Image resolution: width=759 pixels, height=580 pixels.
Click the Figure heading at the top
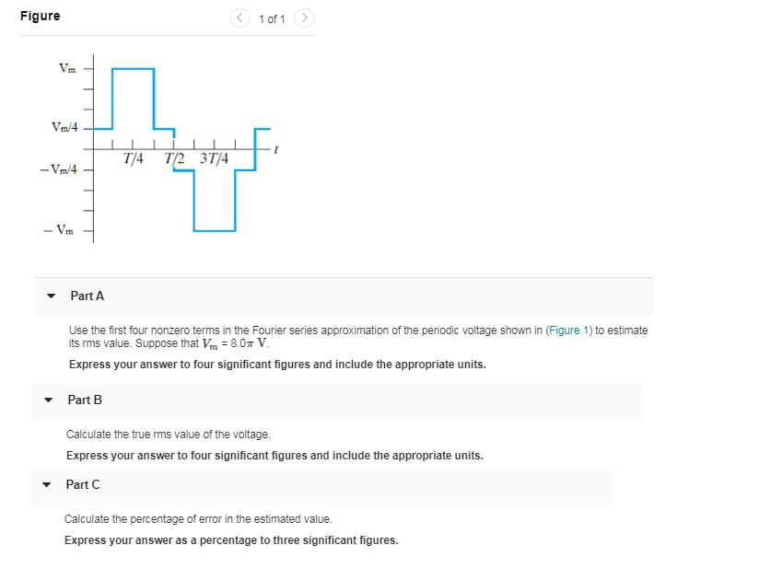(x=41, y=16)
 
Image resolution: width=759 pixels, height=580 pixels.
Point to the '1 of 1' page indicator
(x=273, y=18)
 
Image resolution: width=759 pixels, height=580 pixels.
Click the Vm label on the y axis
(x=68, y=68)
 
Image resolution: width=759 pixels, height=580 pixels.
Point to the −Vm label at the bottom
(x=64, y=230)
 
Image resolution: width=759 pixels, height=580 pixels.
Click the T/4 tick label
(x=133, y=158)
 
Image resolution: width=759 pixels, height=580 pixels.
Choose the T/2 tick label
(x=174, y=158)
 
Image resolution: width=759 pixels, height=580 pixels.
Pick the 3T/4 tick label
(x=214, y=158)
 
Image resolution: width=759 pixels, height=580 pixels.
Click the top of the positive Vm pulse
(x=133, y=68)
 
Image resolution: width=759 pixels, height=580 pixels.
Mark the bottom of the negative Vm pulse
(x=215, y=230)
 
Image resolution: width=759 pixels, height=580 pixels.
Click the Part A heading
(x=88, y=296)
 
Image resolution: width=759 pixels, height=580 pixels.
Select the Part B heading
(x=85, y=400)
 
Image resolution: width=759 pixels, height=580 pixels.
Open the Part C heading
(x=83, y=484)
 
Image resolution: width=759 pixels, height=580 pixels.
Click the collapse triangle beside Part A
(x=51, y=296)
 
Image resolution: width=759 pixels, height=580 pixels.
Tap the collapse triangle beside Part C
(x=47, y=485)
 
